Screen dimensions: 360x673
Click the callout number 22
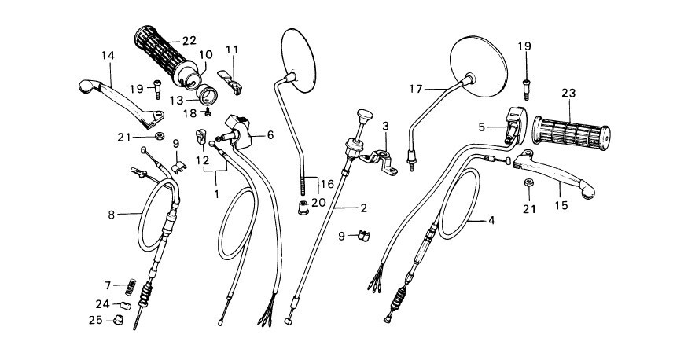click(x=189, y=41)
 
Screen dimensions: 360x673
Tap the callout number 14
click(x=108, y=54)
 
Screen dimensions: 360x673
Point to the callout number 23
click(x=568, y=93)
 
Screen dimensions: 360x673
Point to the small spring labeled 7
click(x=137, y=285)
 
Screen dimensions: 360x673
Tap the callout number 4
click(x=491, y=221)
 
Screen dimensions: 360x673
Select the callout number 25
click(x=95, y=320)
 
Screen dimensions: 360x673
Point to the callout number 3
click(x=386, y=126)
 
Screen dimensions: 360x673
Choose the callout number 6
click(x=270, y=134)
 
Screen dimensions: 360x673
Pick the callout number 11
click(x=231, y=50)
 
